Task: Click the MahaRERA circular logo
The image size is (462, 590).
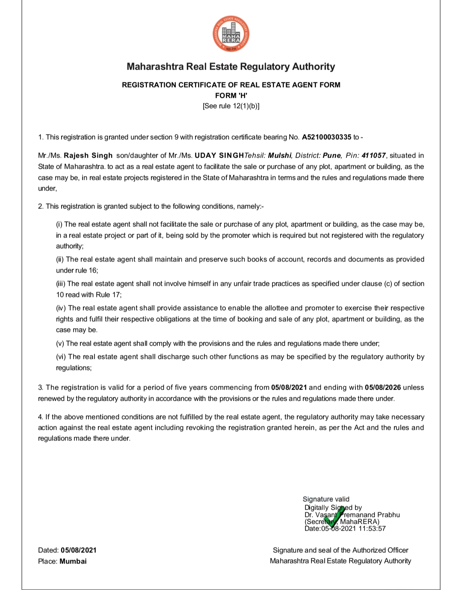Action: tap(231, 34)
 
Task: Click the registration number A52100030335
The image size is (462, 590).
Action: tap(326, 137)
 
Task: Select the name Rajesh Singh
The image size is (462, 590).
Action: tap(88, 156)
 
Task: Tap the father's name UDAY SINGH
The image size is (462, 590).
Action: tap(219, 156)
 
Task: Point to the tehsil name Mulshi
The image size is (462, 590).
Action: tap(280, 156)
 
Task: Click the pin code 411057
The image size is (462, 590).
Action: tap(373, 156)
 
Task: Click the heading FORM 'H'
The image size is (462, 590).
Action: tap(231, 96)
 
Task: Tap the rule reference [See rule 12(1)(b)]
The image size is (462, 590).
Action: tap(231, 106)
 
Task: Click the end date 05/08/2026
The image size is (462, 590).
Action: tap(383, 387)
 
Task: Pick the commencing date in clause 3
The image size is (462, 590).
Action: tap(289, 387)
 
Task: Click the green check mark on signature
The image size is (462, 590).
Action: tap(335, 516)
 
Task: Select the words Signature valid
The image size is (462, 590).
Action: tap(326, 499)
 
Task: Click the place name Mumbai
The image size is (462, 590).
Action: tap(73, 561)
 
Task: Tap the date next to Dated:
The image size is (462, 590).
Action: tap(79, 550)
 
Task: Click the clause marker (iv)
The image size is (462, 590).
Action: tap(61, 308)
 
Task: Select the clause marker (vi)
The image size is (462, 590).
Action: tap(61, 357)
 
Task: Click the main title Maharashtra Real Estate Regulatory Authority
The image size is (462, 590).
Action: tap(231, 67)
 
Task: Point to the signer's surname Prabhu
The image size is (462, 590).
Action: tap(388, 515)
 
